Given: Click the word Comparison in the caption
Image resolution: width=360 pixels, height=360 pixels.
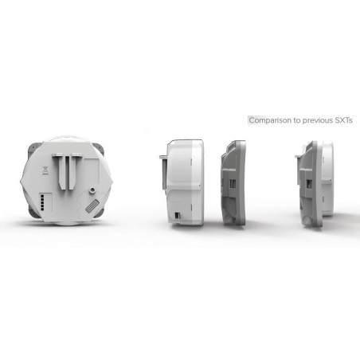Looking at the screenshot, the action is point(270,120).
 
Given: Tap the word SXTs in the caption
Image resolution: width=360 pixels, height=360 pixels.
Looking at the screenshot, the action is point(343,120).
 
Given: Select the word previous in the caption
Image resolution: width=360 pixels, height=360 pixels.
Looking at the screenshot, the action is point(318,120).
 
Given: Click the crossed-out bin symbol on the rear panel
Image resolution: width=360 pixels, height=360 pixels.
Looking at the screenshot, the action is point(45,170).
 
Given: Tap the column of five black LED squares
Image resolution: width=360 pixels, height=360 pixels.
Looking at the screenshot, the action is point(42,202).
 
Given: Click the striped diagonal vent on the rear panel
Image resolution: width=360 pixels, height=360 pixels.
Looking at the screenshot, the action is point(92,206).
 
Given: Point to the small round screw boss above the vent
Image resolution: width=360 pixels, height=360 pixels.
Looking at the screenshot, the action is point(92,190).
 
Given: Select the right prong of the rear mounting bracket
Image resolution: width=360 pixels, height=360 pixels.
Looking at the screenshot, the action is point(73,171).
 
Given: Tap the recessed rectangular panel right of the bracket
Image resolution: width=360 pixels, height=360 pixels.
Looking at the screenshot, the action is point(92,170).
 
